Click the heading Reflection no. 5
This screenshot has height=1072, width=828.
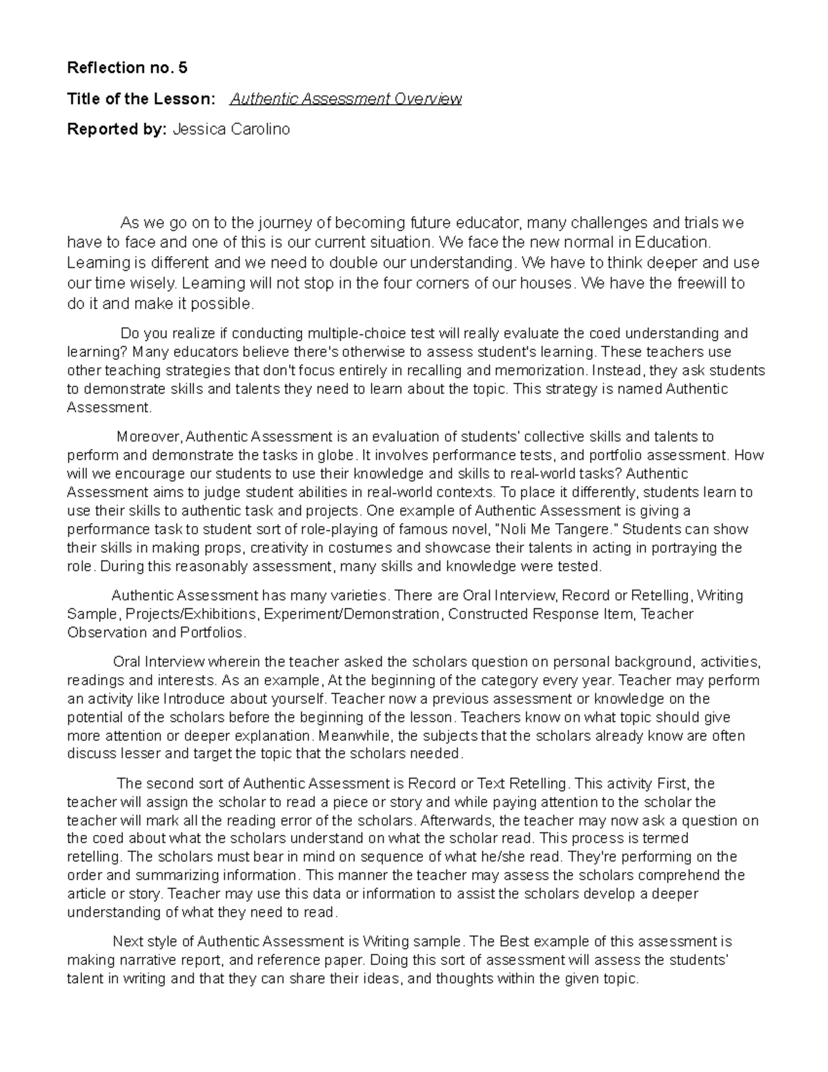(x=127, y=68)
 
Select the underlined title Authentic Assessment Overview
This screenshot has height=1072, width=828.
(x=346, y=99)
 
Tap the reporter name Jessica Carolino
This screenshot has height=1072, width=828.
(x=231, y=129)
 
